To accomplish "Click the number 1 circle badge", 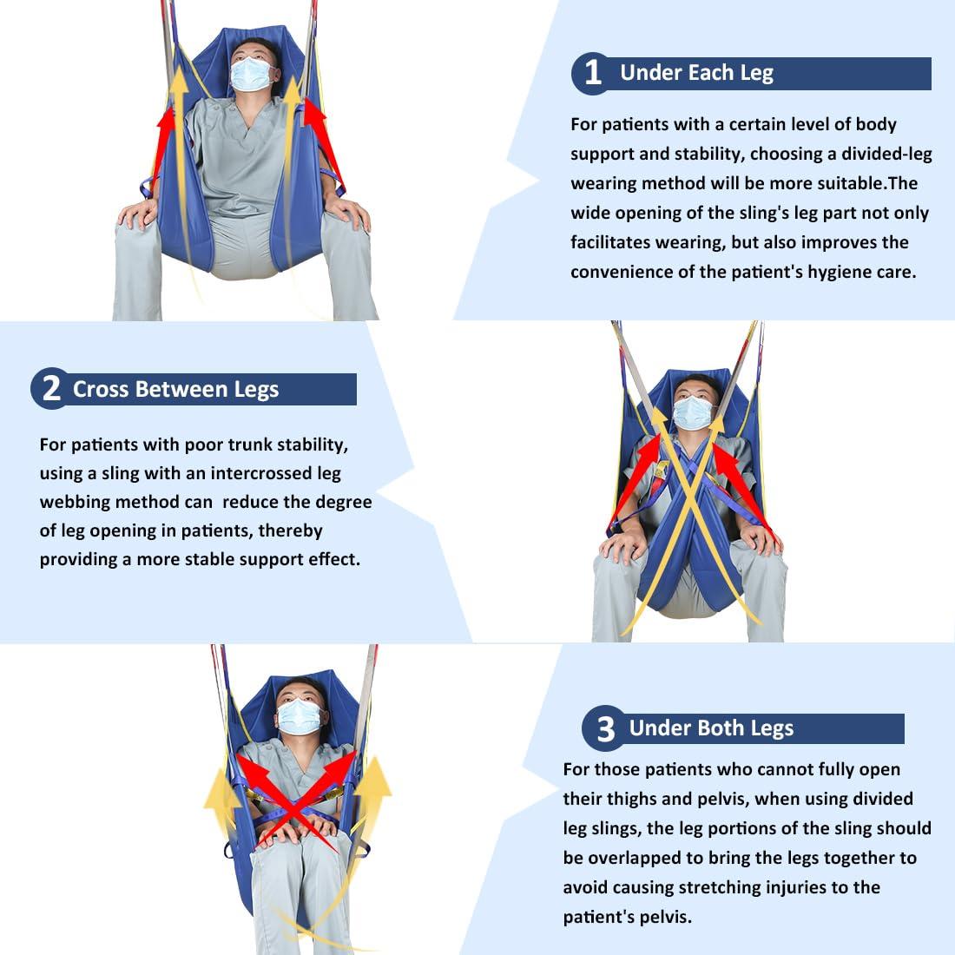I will pos(592,73).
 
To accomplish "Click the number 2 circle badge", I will pos(50,388).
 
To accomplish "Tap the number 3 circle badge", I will pos(605,728).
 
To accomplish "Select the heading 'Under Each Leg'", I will pos(696,73).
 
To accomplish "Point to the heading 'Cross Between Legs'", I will pos(175,390).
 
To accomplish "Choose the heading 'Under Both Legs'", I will pos(711,728).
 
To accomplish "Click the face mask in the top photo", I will pos(252,75).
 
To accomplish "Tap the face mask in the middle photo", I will pos(692,412).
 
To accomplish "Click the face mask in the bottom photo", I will pos(299,716).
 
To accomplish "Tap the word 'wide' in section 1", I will pos(592,213).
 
